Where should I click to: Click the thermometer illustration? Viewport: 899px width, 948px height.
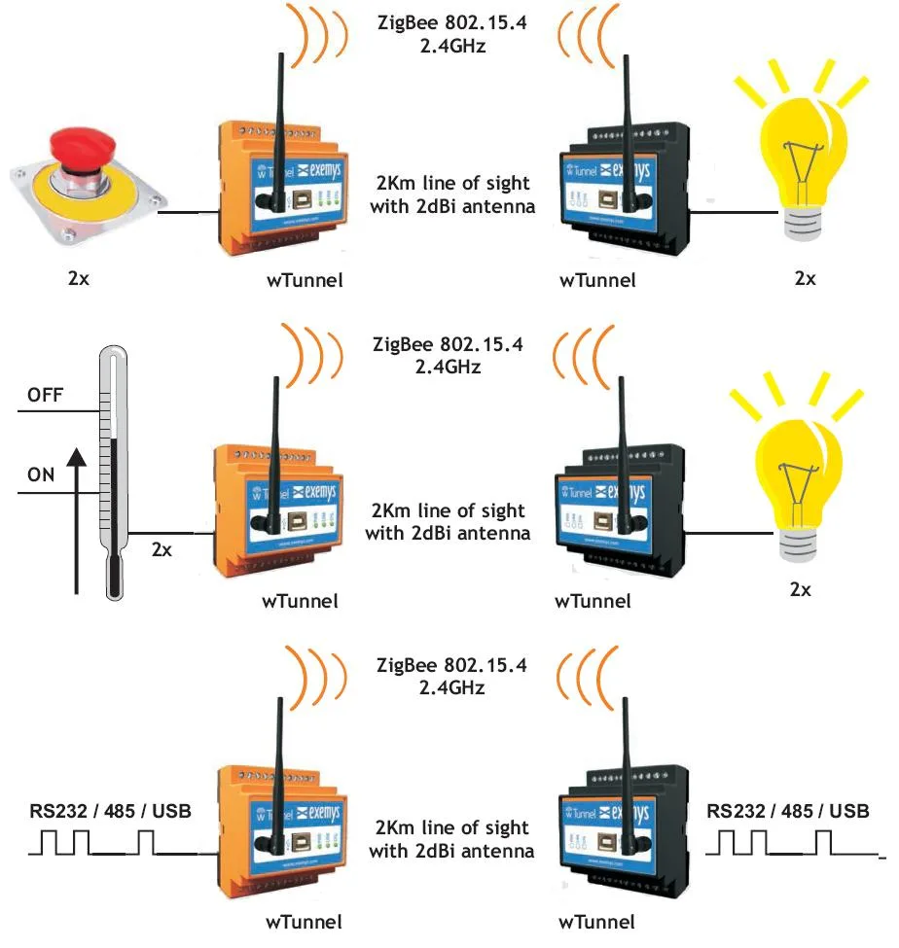(x=115, y=472)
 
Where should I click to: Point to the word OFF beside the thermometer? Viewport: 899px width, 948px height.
(x=47, y=395)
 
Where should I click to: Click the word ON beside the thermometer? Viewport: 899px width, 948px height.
(x=42, y=475)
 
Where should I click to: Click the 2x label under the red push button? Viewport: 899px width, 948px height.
(x=81, y=277)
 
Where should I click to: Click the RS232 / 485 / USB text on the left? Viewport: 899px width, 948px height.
(x=108, y=811)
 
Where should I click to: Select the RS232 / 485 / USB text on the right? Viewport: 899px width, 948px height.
(x=788, y=811)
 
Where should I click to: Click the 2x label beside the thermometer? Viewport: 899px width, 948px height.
(x=162, y=549)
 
